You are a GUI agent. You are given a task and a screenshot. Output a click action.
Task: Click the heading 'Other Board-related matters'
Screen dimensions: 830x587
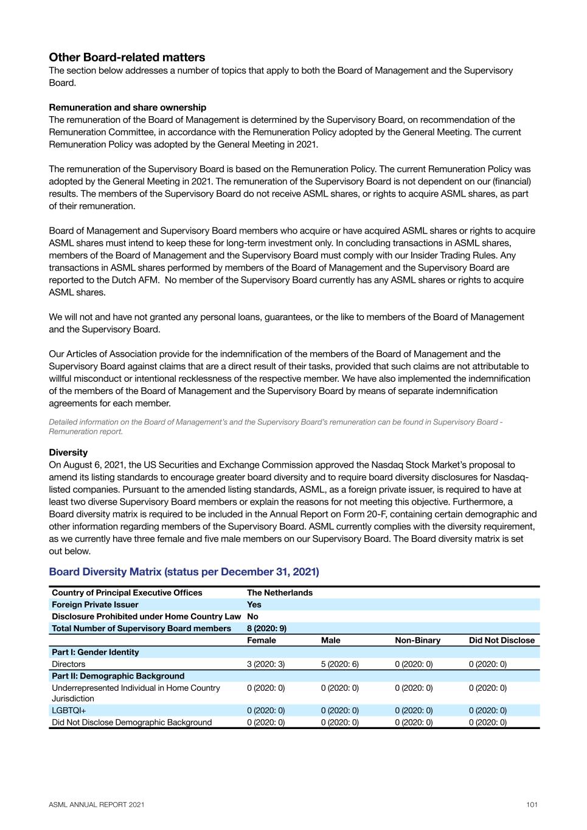(x=127, y=58)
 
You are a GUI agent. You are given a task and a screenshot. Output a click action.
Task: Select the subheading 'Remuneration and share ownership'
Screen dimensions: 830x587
(x=127, y=108)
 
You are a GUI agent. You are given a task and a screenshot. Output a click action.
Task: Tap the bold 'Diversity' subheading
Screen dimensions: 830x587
(x=68, y=452)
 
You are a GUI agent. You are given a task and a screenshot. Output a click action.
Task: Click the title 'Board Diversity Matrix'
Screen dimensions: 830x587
(x=184, y=572)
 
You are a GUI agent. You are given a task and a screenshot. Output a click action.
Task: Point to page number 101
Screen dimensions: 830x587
(x=532, y=804)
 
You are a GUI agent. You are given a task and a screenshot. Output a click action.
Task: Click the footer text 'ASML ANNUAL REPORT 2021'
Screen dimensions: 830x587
(x=97, y=804)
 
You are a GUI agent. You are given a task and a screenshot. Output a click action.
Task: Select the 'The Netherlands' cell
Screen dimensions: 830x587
(x=279, y=593)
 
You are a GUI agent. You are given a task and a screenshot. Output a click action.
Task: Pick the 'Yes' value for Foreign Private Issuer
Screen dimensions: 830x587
(x=254, y=604)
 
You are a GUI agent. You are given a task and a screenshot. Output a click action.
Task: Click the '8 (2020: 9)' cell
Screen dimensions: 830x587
(x=266, y=628)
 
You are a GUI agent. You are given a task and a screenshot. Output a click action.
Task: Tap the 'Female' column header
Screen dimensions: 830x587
(x=261, y=640)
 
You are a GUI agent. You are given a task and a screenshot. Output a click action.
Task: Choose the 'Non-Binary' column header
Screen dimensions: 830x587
(x=417, y=640)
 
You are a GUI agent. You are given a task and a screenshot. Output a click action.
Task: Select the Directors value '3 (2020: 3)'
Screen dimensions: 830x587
(x=265, y=664)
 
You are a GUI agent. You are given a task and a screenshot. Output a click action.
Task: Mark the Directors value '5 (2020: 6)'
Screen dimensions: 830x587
(x=339, y=664)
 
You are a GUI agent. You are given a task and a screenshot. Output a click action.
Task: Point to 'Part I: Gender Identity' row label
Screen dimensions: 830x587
(x=95, y=652)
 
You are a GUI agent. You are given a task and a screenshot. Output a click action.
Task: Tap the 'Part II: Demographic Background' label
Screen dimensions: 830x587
(x=118, y=676)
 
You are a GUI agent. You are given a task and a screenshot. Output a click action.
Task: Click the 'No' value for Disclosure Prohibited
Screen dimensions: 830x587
(x=252, y=617)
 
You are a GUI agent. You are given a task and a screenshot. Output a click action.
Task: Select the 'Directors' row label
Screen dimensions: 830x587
(x=68, y=664)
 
